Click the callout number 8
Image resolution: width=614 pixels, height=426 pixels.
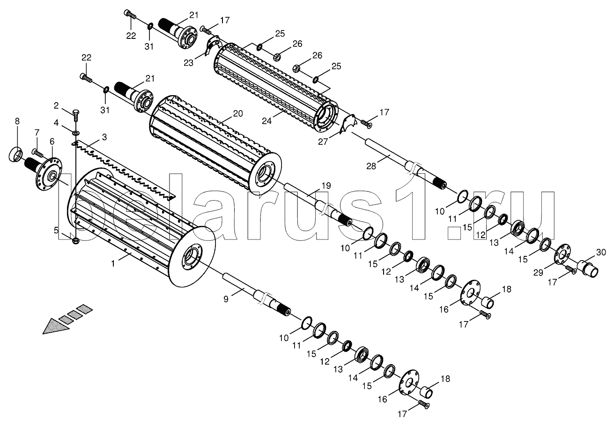pyautogui.click(x=17, y=121)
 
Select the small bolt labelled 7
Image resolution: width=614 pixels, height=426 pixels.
pyautogui.click(x=37, y=152)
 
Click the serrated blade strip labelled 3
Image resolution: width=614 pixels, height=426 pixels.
pyautogui.click(x=123, y=171)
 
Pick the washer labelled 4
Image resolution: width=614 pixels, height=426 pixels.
pyautogui.click(x=75, y=133)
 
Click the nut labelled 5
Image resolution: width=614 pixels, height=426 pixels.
pyautogui.click(x=76, y=241)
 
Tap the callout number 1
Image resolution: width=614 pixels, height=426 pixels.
pyautogui.click(x=113, y=263)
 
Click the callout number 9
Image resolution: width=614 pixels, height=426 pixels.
pyautogui.click(x=226, y=299)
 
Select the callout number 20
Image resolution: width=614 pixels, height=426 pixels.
pyautogui.click(x=238, y=113)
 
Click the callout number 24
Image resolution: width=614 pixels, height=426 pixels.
pyautogui.click(x=266, y=120)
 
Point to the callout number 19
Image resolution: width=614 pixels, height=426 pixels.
pyautogui.click(x=326, y=186)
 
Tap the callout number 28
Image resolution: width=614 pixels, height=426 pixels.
pyautogui.click(x=371, y=166)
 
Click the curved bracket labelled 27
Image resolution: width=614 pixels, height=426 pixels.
pyautogui.click(x=347, y=125)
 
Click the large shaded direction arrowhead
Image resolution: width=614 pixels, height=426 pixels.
pyautogui.click(x=56, y=327)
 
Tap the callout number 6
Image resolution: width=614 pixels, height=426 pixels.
pyautogui.click(x=52, y=142)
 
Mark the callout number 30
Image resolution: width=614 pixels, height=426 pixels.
pyautogui.click(x=601, y=252)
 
